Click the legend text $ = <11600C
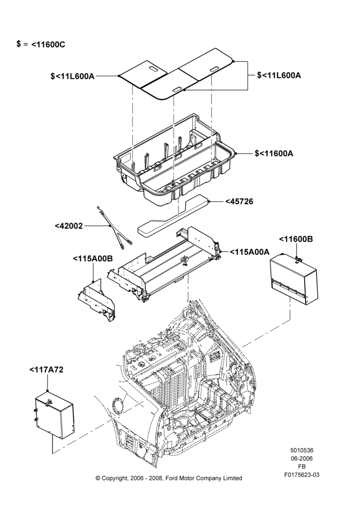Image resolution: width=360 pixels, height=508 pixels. pos(41,44)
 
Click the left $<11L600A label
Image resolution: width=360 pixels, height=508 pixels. pos(73,76)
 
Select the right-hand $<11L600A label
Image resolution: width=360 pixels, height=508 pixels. pos(279,75)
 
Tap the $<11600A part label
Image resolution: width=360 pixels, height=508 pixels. pos(274,153)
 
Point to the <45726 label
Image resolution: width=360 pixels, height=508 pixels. pos(239,202)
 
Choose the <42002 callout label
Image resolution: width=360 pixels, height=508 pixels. pos(69,226)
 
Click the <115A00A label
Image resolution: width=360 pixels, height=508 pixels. pos(249,252)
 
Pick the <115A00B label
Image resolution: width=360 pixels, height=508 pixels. pos(93,259)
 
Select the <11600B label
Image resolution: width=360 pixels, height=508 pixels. pos(296,239)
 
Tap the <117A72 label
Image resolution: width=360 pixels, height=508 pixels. pos(46,370)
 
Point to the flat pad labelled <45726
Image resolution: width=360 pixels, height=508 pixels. pos(173,214)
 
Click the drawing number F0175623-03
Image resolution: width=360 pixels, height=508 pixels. pos(302,475)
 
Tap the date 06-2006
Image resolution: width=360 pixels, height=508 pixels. pos(302,458)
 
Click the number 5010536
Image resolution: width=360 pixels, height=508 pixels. pos(302,450)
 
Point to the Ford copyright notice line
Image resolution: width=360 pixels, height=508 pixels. pos(169,478)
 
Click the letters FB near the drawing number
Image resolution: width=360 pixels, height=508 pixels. pos(302,467)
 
